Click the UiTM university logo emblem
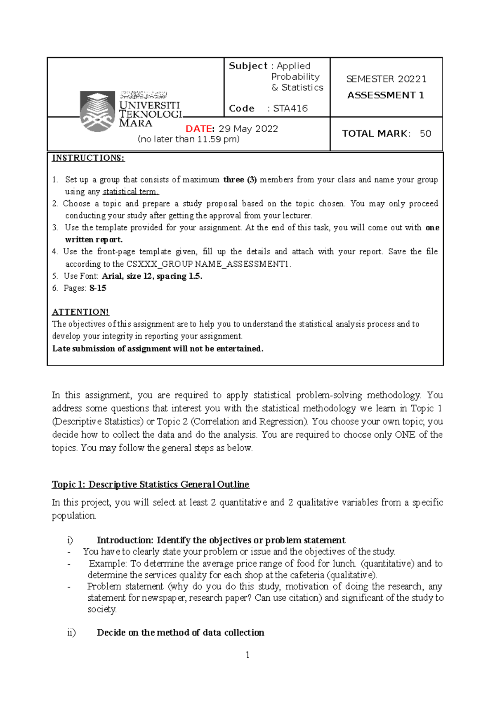(97, 111)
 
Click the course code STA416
(290, 109)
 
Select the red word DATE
(200, 129)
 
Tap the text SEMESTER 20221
(386, 79)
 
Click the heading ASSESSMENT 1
(386, 95)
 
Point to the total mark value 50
(425, 134)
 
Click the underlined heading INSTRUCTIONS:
(88, 158)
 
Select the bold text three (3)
(240, 180)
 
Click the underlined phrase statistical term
(130, 192)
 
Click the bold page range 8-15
(98, 288)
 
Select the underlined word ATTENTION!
(80, 312)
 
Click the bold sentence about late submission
(158, 349)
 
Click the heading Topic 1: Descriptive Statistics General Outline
(151, 484)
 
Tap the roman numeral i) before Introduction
(70, 540)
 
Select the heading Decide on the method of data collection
(180, 632)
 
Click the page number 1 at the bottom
(247, 655)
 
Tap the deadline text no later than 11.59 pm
(189, 140)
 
